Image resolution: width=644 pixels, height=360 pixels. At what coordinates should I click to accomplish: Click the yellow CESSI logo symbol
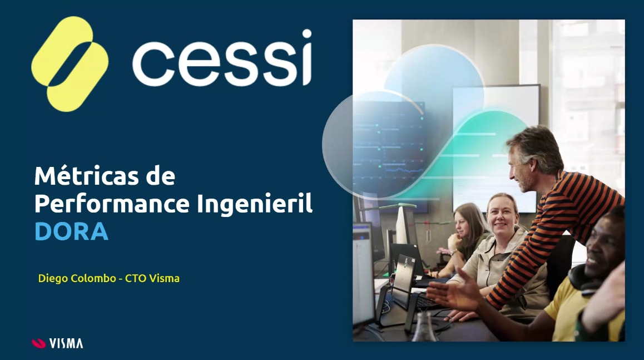click(x=70, y=64)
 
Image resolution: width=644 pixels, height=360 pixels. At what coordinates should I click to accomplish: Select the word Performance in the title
click(x=112, y=204)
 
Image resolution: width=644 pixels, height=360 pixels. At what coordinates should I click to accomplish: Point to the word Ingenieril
click(x=255, y=204)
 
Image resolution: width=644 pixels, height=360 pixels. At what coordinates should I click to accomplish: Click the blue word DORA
click(x=72, y=231)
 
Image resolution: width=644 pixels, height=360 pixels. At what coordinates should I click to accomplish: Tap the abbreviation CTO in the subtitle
click(x=136, y=279)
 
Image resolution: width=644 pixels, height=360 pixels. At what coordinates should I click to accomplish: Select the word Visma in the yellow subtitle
click(x=164, y=279)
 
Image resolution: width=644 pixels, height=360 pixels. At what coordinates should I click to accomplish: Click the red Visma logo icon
click(x=38, y=343)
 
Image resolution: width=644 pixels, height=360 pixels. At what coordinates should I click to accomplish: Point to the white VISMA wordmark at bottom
click(x=66, y=343)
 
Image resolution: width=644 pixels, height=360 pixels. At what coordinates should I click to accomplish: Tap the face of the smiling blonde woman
click(x=502, y=216)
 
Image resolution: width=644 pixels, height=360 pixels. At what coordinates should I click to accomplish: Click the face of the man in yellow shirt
click(x=604, y=247)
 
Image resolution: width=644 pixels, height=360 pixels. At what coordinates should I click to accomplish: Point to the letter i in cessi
click(x=306, y=57)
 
